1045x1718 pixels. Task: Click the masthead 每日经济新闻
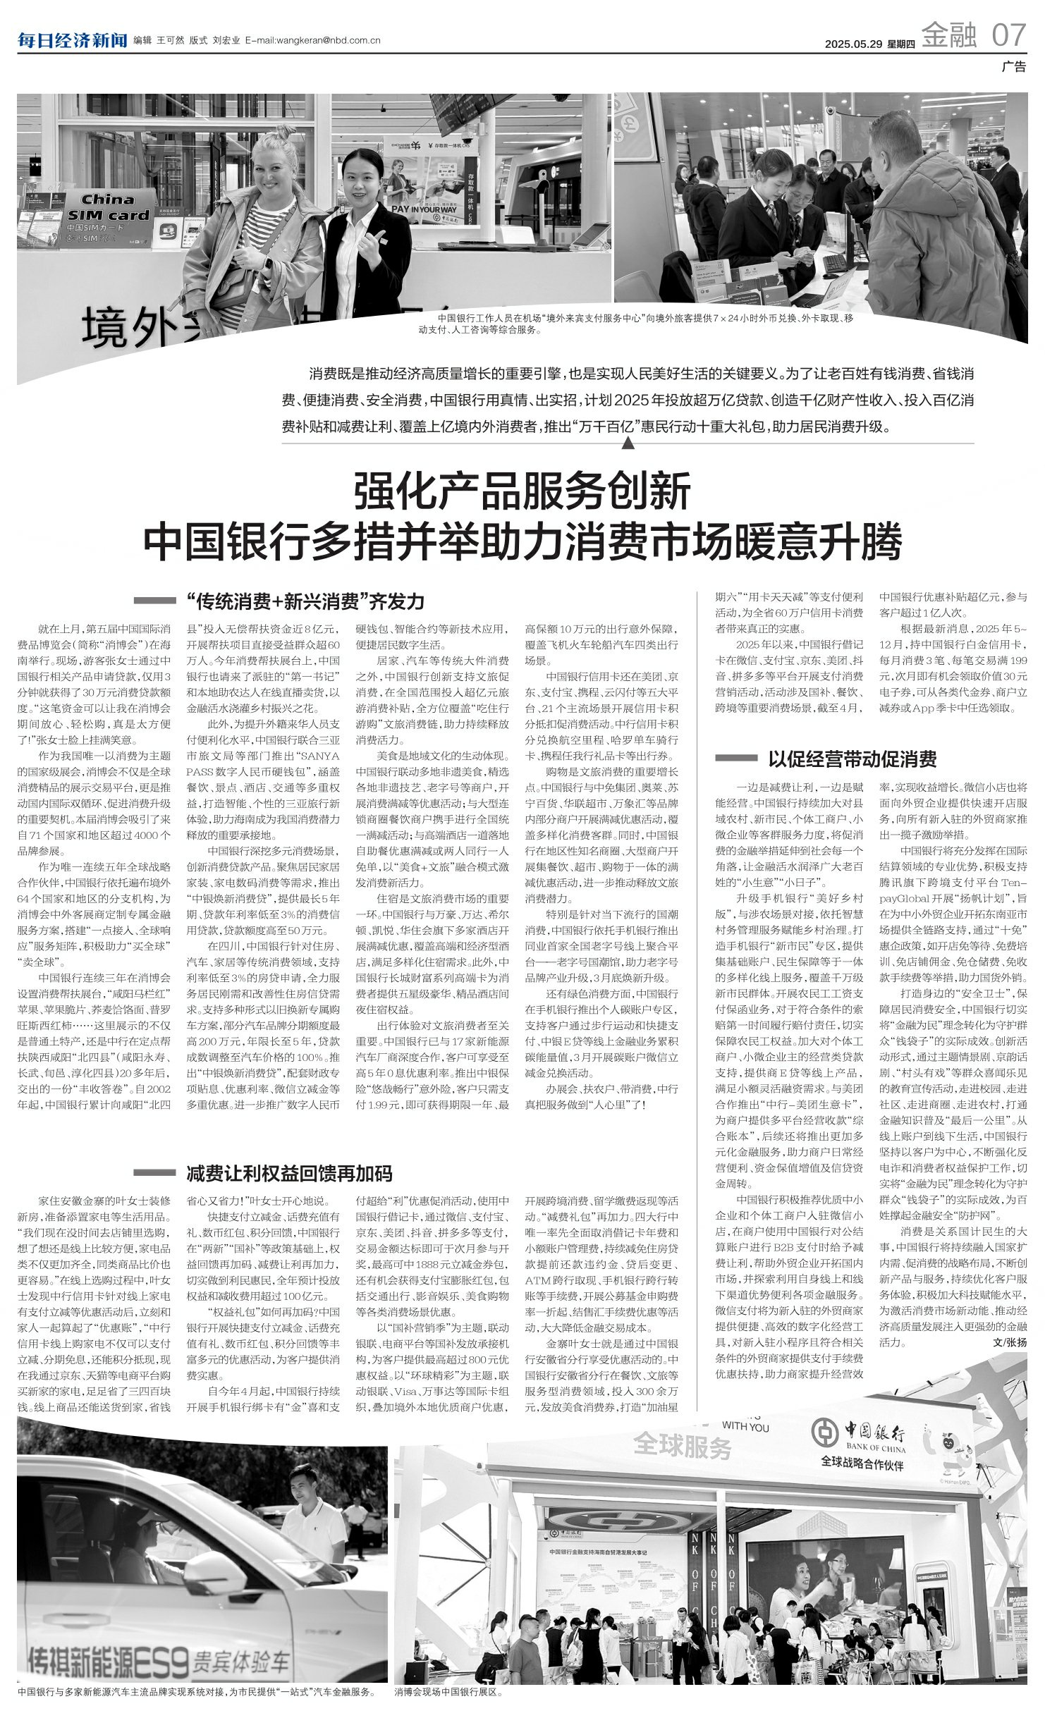[x=72, y=40]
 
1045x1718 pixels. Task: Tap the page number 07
[x=1008, y=35]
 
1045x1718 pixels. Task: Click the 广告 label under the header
[x=1014, y=67]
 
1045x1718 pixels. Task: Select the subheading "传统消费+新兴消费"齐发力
[x=305, y=601]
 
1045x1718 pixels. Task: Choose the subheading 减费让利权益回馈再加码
[x=289, y=1174]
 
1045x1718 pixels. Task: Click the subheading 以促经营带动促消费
[x=852, y=759]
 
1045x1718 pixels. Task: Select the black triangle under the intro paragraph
[x=628, y=443]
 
